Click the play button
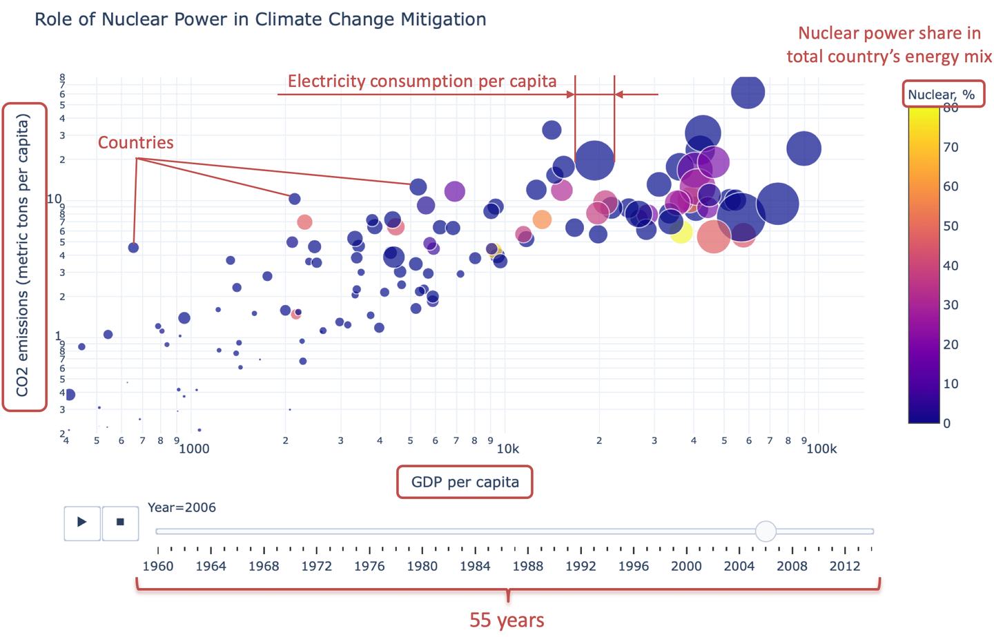[82, 522]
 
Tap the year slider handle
[766, 531]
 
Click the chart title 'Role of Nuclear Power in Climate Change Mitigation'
[260, 19]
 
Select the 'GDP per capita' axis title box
[465, 482]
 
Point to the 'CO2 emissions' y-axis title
[22, 255]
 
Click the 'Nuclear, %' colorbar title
[942, 95]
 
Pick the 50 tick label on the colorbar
[951, 226]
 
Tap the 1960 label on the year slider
[158, 566]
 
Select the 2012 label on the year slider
[845, 566]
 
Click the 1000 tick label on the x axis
[194, 449]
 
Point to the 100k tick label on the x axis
[821, 449]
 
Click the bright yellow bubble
[681, 232]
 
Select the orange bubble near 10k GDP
[542, 219]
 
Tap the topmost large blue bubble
[748, 92]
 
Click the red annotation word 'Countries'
[136, 142]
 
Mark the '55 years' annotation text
[507, 620]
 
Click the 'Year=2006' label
[182, 507]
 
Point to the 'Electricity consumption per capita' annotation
[422, 81]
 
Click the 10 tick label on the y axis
[54, 198]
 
